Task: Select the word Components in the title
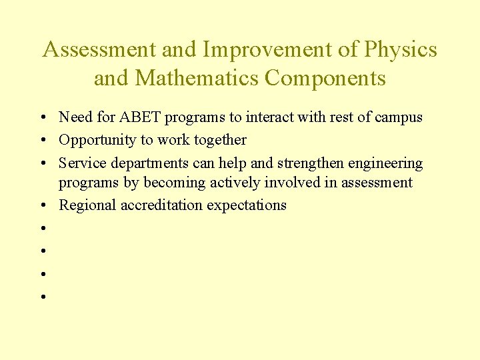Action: point(325,78)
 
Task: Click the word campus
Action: point(399,117)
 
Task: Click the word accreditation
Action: point(162,205)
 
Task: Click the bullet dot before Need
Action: point(42,118)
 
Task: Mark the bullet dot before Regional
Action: point(42,206)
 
